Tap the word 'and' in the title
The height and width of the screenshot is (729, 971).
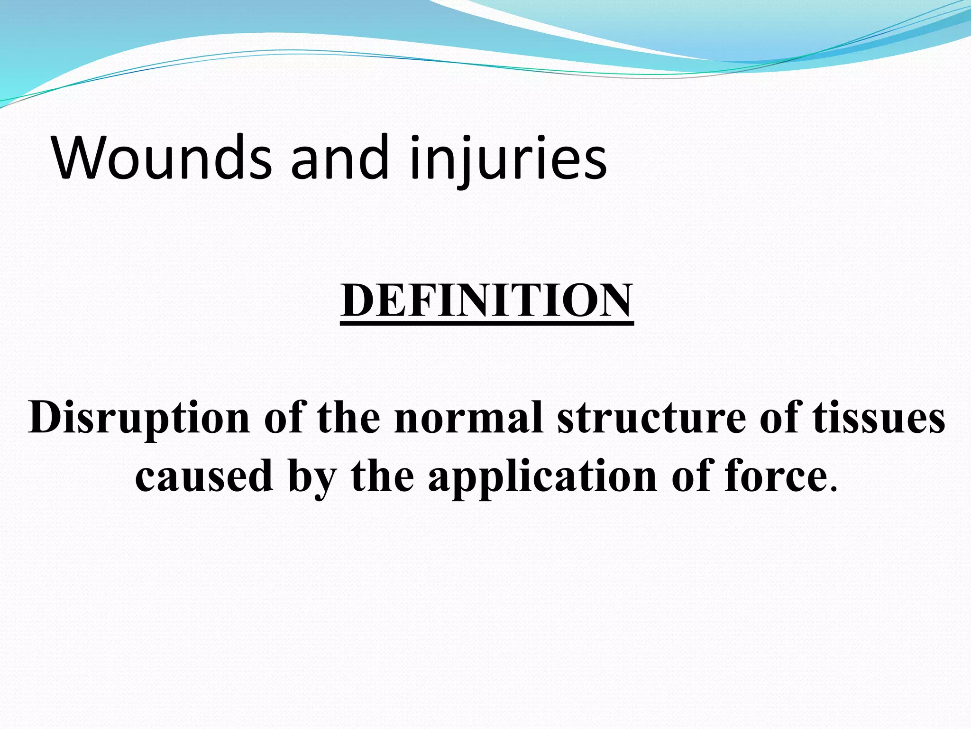[x=339, y=158]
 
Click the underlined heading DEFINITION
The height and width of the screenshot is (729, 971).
[x=486, y=300]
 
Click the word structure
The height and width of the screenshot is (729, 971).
[x=651, y=418]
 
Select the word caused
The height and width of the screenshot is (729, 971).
[x=204, y=477]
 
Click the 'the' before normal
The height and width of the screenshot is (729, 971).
[x=348, y=418]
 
